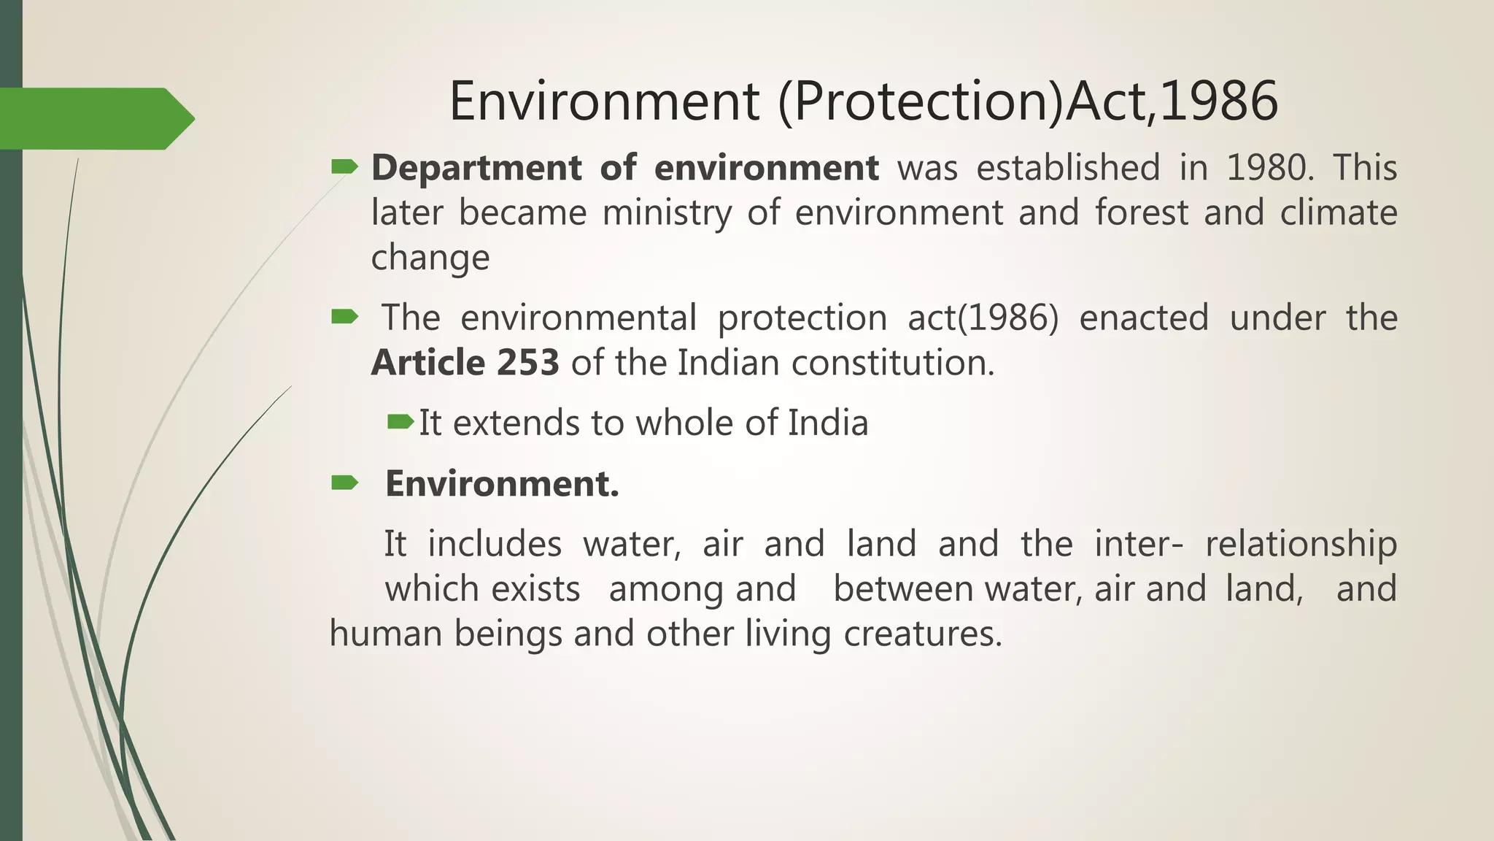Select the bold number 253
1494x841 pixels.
click(527, 363)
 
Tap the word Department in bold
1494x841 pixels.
click(476, 168)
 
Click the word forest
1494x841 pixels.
click(1142, 213)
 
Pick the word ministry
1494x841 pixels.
click(667, 213)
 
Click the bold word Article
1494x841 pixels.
click(427, 363)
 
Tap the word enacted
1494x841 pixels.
click(1143, 318)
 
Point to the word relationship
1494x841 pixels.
click(1301, 545)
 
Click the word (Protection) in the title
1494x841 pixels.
click(921, 101)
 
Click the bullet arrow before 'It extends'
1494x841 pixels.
click(400, 422)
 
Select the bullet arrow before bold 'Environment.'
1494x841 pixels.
click(344, 483)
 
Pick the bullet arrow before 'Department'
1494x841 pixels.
click(344, 168)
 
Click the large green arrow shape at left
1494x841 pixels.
click(95, 119)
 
